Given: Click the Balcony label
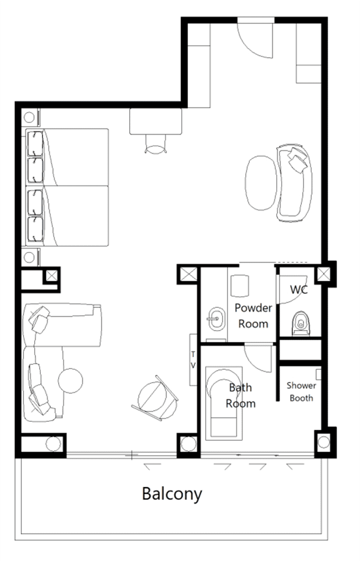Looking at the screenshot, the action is (x=172, y=494).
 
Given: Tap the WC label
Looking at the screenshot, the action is (x=299, y=289).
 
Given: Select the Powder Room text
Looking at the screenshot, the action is (x=253, y=316).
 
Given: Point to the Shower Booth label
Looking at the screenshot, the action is (x=301, y=392).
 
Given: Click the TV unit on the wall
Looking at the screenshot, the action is (x=193, y=360).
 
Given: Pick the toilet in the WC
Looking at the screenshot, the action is (x=301, y=323).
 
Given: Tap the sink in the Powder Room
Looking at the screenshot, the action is (x=216, y=318).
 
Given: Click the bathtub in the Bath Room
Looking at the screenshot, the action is (x=224, y=403).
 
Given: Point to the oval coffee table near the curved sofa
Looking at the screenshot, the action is (x=262, y=183).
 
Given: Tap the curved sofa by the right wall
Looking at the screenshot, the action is (x=294, y=183).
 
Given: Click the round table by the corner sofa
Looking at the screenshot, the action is (x=70, y=380).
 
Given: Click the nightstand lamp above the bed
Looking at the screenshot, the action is (x=29, y=117).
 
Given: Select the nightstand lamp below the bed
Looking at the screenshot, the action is (x=29, y=257).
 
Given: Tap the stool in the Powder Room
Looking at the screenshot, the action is (x=239, y=286).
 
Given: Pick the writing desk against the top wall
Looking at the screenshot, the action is (x=155, y=121).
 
